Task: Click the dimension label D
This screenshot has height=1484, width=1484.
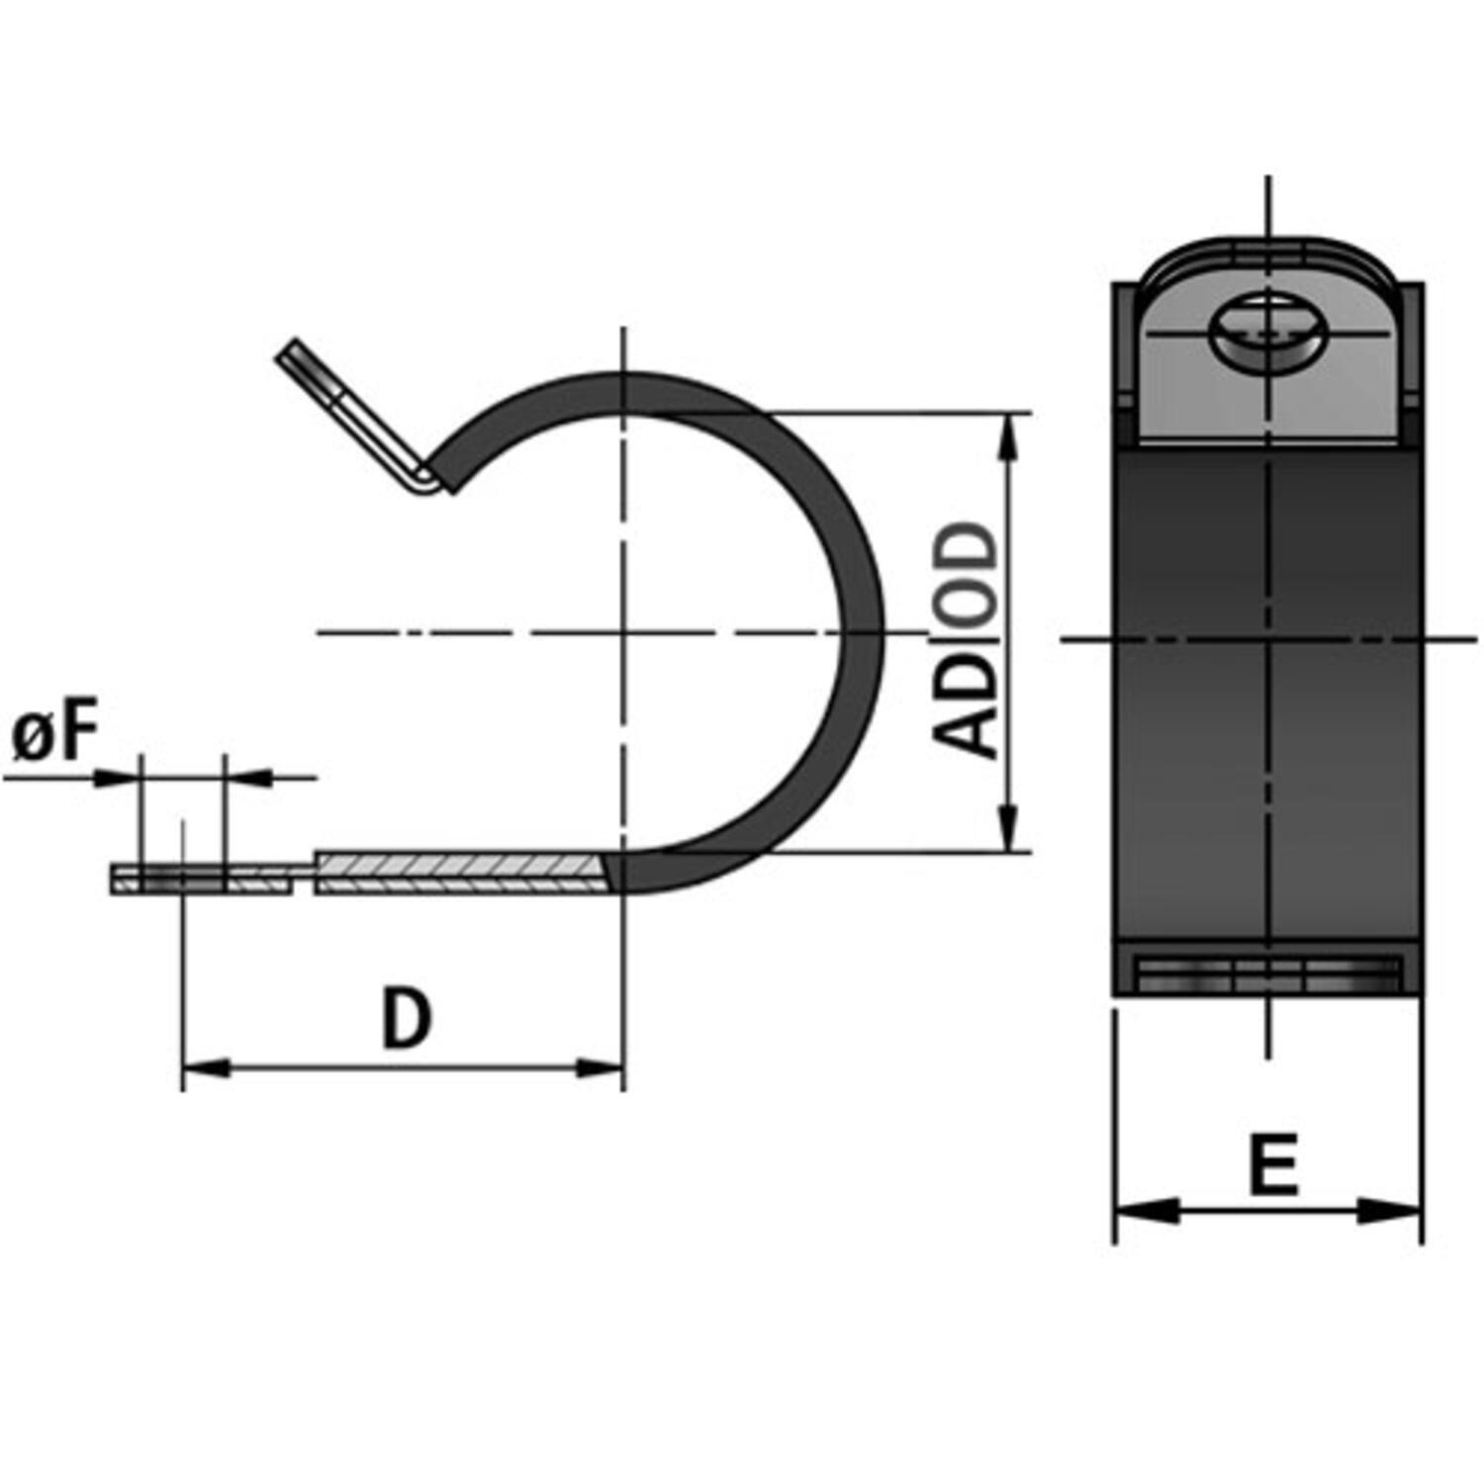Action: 407,1019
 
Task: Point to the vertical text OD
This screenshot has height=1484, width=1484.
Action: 966,574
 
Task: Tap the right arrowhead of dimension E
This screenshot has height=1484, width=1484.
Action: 1391,1209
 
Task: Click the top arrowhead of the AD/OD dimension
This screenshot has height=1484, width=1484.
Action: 1008,435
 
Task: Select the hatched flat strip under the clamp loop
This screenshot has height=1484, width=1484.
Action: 460,873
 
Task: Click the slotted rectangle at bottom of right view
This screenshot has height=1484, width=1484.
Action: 1269,974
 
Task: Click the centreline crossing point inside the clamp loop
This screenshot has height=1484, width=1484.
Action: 623,631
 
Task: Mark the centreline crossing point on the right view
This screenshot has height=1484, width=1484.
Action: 1269,640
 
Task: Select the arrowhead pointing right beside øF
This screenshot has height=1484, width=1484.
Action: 115,778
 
